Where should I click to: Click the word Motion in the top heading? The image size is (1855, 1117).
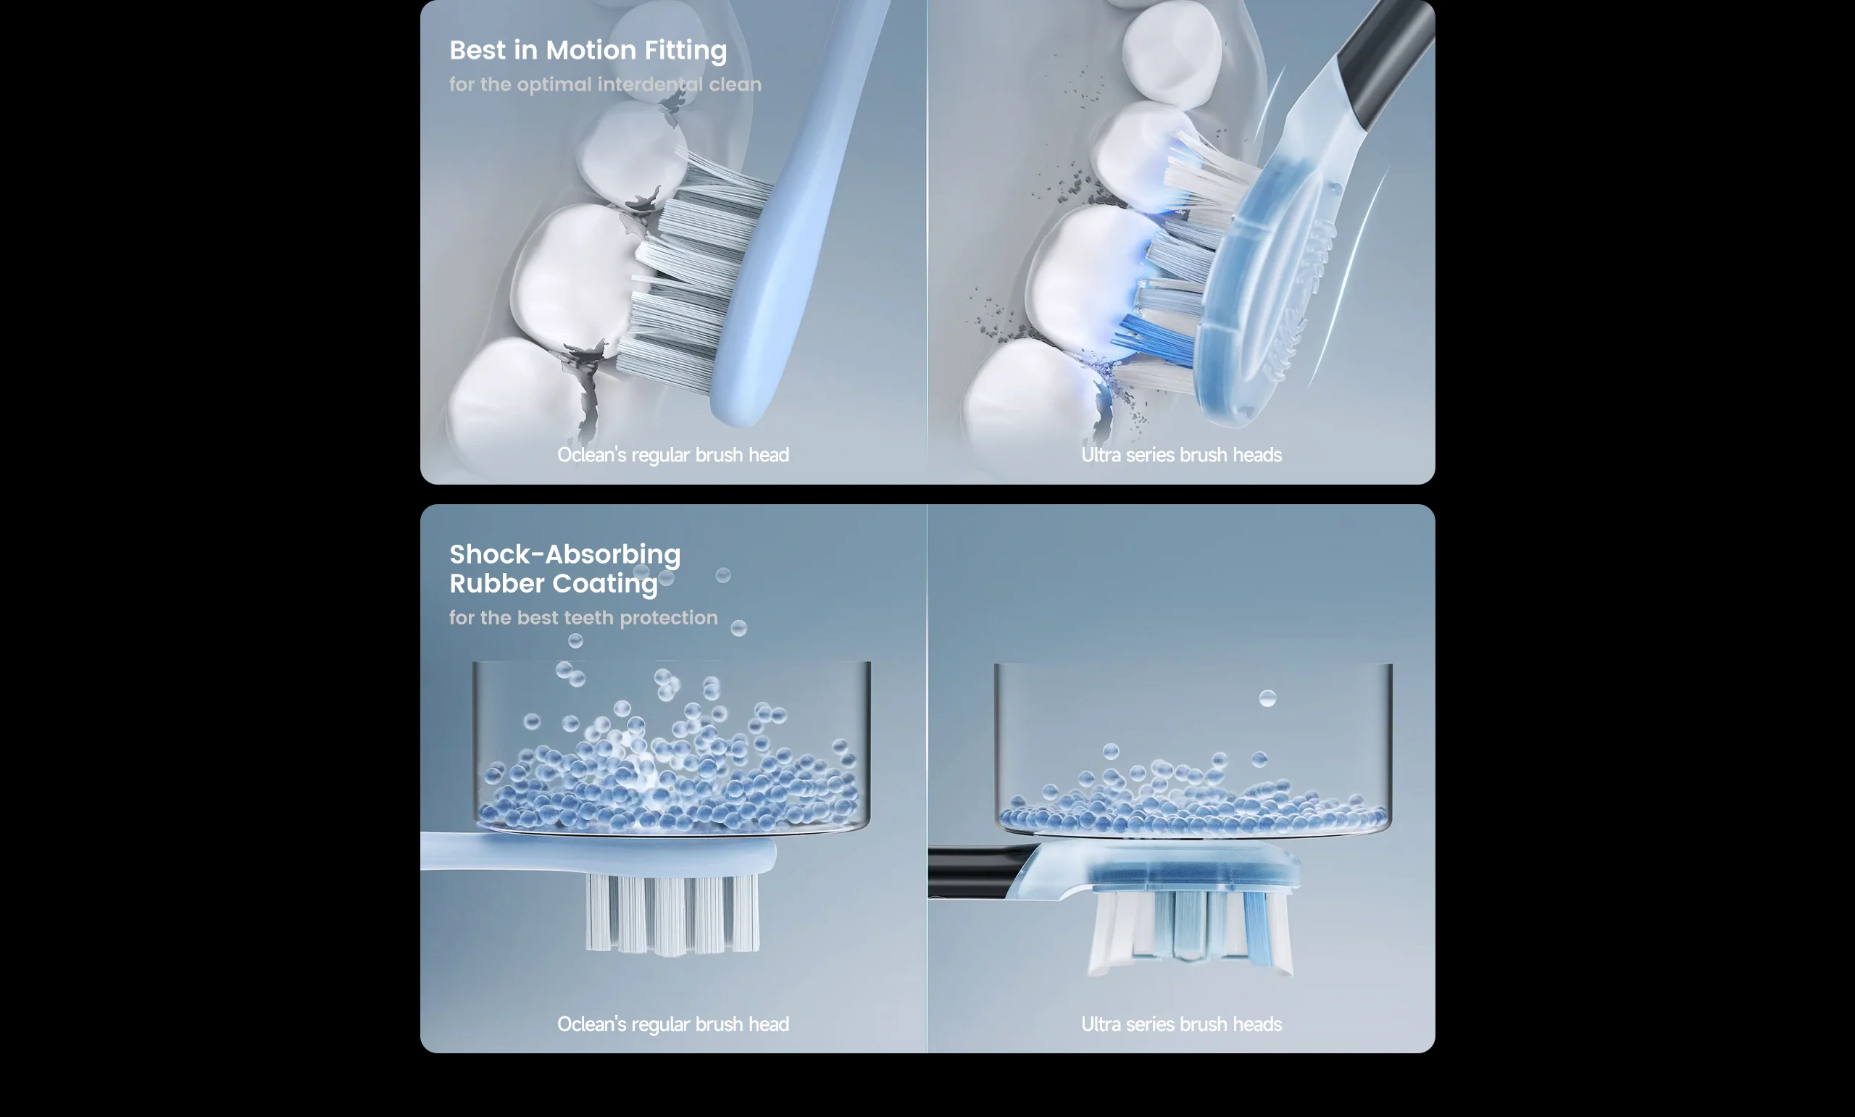[591, 51]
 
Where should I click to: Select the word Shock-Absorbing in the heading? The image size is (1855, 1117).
[564, 555]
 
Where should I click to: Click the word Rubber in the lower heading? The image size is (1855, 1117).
[498, 583]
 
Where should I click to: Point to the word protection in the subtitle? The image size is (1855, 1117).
[669, 618]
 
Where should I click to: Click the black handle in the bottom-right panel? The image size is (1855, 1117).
[975, 871]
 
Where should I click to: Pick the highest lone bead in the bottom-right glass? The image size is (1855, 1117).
[1268, 698]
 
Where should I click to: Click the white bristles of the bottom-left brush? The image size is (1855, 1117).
[672, 914]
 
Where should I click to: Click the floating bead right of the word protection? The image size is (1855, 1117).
[739, 628]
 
